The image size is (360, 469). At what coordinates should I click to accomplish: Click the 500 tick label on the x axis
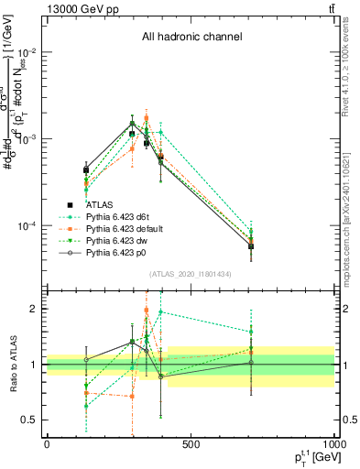[x=191, y=445]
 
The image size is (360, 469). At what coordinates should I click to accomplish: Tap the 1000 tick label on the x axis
[x=333, y=445]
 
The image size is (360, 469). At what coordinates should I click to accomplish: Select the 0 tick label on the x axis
[x=47, y=445]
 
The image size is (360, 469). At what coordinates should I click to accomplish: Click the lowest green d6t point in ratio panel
[x=86, y=406]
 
